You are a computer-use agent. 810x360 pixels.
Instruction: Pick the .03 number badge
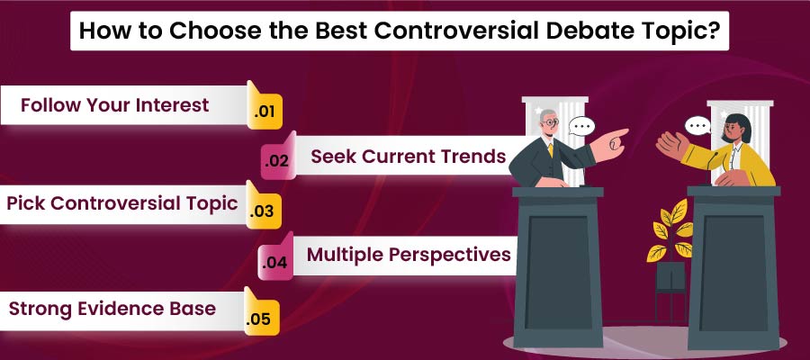263,211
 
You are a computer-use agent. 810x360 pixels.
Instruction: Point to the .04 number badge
274,264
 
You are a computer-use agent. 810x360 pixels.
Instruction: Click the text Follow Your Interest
114,105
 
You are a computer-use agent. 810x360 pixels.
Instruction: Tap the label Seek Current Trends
408,157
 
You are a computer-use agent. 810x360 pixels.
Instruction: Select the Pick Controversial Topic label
122,203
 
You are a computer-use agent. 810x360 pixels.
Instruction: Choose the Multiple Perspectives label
409,255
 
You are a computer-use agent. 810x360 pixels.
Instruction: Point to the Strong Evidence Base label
112,309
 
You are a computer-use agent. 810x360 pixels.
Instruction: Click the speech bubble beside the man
581,127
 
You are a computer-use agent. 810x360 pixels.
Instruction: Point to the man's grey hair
548,120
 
